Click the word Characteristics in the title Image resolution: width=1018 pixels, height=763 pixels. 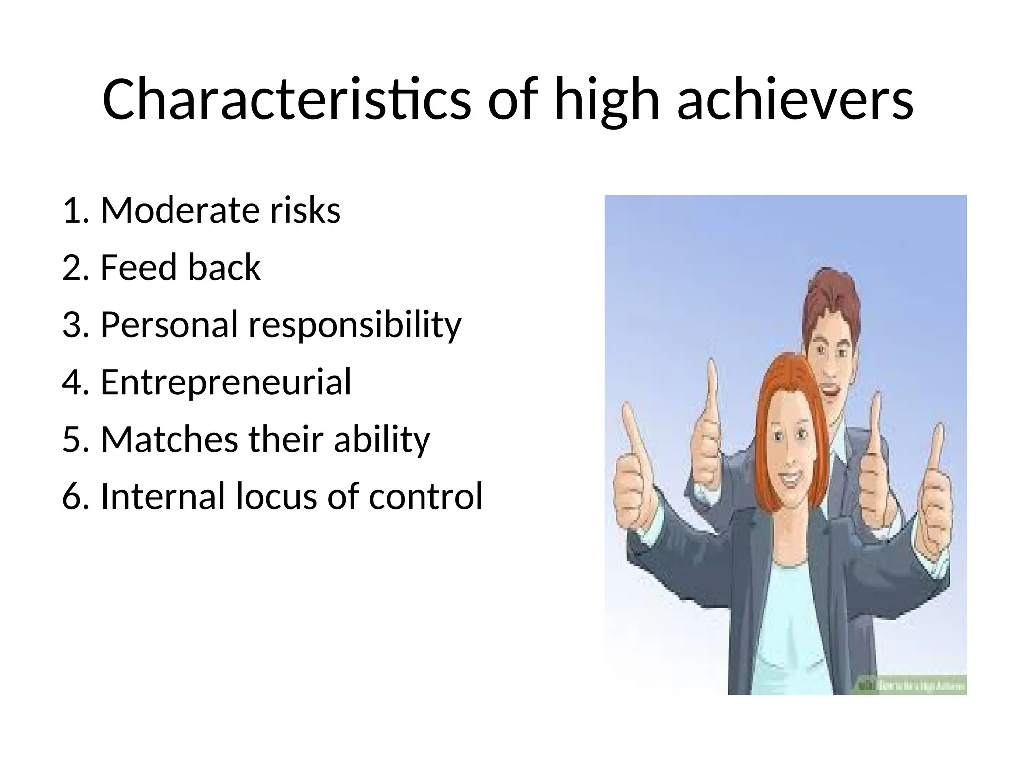coord(286,99)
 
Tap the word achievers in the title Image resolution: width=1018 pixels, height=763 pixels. coord(795,99)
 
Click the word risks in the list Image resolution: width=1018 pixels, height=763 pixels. coord(305,211)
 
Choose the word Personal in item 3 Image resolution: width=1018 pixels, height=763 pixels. coord(169,325)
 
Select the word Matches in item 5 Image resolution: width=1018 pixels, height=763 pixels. coord(169,440)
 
